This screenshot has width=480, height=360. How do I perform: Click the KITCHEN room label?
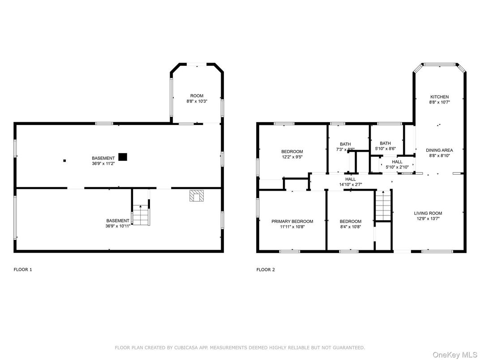(439, 97)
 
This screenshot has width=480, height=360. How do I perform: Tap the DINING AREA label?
(439, 150)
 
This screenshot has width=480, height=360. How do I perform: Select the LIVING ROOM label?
(428, 213)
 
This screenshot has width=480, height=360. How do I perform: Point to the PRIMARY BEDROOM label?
(292, 221)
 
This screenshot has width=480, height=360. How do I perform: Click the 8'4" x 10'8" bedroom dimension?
(351, 227)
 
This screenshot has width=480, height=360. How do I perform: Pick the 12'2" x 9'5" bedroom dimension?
(292, 157)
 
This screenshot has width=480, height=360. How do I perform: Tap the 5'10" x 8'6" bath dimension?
(386, 149)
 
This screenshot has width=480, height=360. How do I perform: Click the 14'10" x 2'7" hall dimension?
(351, 184)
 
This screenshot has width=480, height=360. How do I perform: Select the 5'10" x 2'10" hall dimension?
(397, 167)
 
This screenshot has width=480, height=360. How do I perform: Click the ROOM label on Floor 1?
(197, 96)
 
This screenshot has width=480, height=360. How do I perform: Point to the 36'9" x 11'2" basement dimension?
(103, 164)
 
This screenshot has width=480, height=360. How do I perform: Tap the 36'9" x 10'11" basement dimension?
(118, 226)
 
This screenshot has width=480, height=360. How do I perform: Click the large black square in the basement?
(123, 157)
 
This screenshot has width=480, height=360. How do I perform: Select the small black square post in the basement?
(64, 160)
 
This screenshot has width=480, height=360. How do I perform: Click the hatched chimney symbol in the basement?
(197, 196)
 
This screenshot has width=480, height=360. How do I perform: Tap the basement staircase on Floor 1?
(141, 215)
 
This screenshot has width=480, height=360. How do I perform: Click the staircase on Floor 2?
(383, 206)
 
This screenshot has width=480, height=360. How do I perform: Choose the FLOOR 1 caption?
(23, 270)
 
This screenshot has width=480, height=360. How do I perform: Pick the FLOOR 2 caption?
(266, 270)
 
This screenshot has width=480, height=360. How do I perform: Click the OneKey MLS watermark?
(455, 355)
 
